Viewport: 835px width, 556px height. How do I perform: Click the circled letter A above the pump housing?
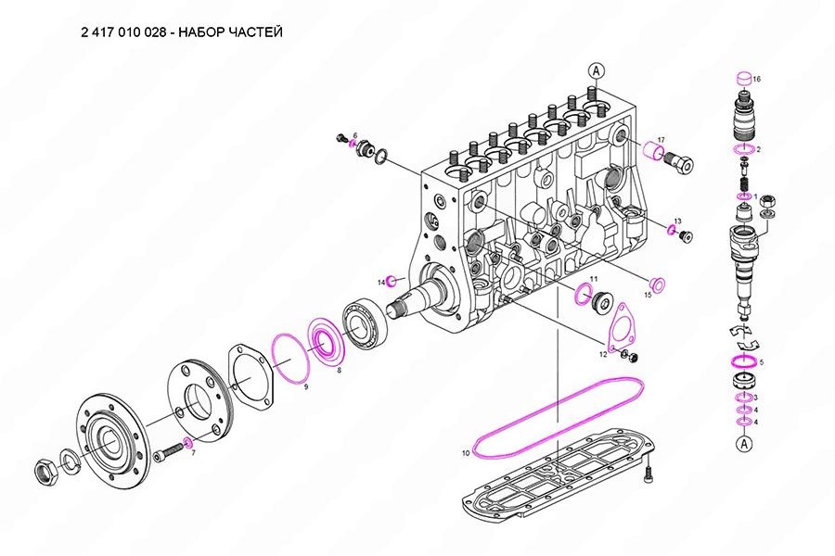pos(596,69)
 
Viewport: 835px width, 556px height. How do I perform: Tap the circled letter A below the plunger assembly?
pos(743,445)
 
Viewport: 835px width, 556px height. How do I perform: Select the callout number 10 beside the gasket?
pos(466,453)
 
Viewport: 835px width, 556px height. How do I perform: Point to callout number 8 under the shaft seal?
pos(339,370)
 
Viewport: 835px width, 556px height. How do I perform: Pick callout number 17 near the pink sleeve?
pos(661,140)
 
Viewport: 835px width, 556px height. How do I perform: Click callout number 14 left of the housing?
pos(380,281)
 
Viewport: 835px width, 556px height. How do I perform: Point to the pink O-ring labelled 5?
pos(742,360)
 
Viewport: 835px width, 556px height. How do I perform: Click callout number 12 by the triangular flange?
pos(602,354)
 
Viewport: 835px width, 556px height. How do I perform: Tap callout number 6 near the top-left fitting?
pos(353,136)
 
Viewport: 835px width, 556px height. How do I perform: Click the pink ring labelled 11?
pos(584,295)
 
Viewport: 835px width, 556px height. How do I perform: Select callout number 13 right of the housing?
pos(678,221)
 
